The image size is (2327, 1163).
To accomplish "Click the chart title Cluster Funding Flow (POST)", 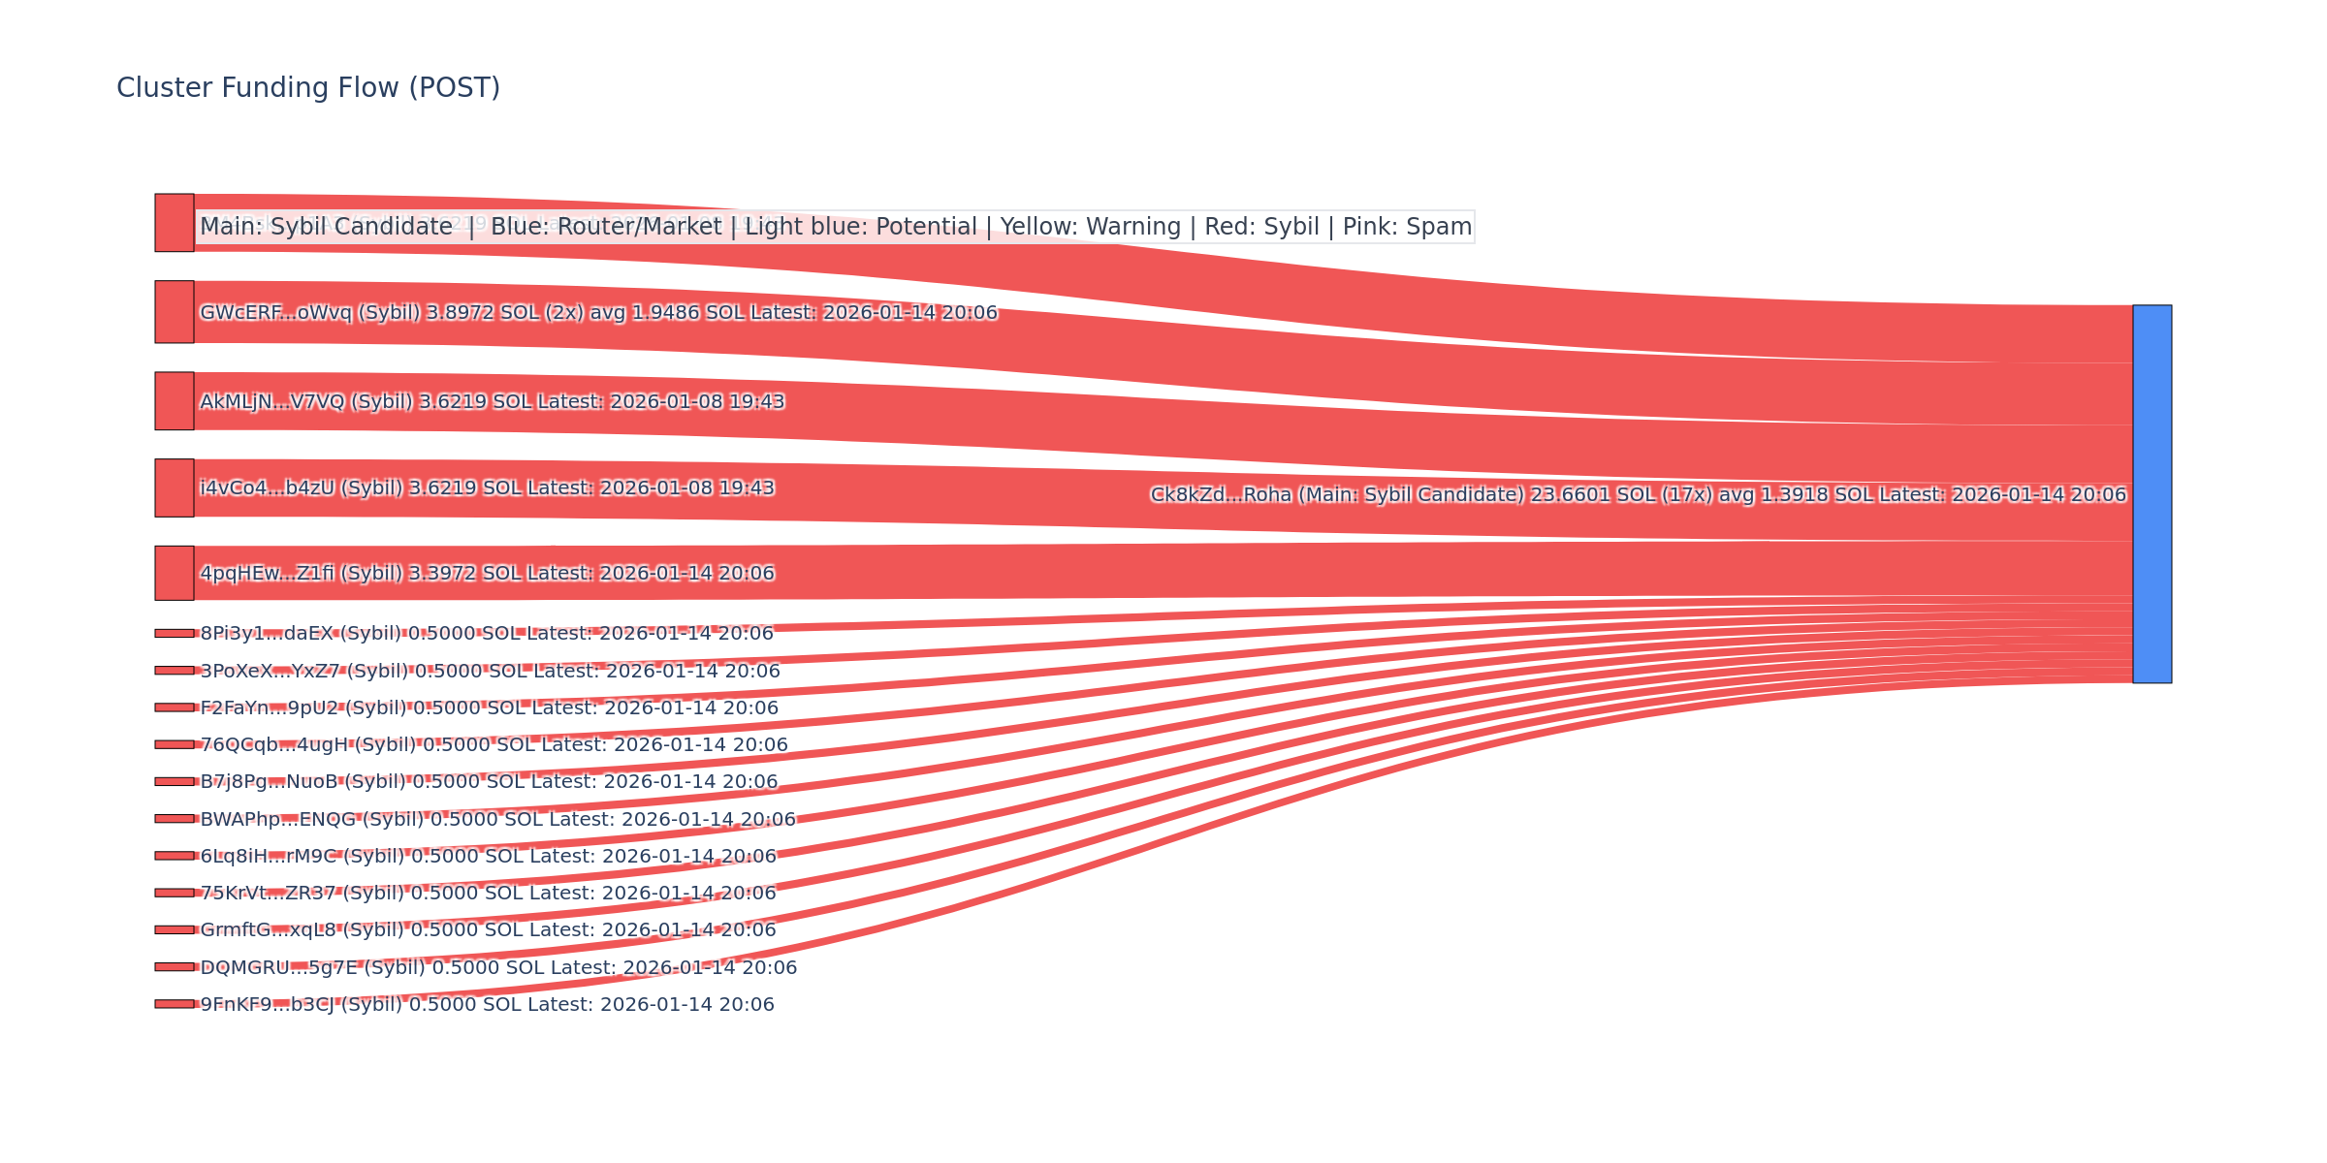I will [308, 88].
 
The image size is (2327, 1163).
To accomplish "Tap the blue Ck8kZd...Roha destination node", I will [2152, 493].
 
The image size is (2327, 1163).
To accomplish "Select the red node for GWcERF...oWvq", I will [175, 312].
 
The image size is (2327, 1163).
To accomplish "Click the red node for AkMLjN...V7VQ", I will [175, 401].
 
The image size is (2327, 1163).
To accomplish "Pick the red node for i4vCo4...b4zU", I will [175, 487].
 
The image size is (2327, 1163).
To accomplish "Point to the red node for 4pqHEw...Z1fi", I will [175, 573].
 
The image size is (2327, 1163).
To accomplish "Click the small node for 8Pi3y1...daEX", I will [175, 633].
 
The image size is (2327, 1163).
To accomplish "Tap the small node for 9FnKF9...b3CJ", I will [175, 1004].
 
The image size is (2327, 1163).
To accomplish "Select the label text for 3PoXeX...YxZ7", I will [490, 671].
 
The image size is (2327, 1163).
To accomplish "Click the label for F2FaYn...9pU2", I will [489, 707].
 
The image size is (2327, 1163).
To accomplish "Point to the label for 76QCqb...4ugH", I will [494, 744].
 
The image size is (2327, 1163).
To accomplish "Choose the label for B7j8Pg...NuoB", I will [489, 781].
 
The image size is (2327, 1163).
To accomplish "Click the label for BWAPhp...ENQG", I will [497, 819].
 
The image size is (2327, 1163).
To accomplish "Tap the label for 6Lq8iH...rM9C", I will [488, 856].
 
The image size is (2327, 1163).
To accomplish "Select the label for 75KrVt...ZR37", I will [488, 893].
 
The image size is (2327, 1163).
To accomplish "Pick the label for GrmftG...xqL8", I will [488, 929].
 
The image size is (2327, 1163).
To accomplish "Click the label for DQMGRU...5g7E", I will [498, 967].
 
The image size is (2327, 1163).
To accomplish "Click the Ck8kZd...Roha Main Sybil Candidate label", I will [1638, 494].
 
